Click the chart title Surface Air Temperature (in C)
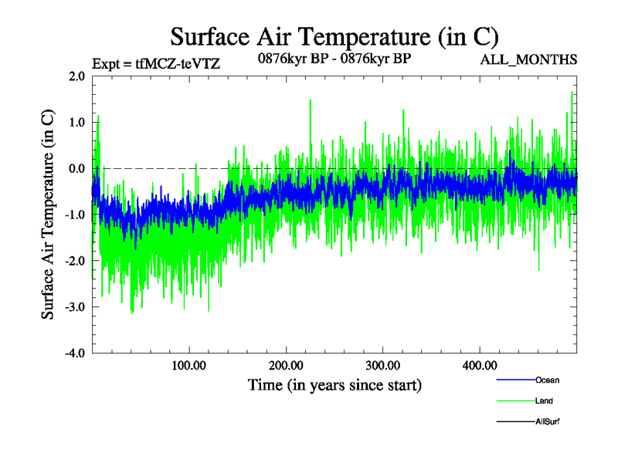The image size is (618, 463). [x=334, y=36]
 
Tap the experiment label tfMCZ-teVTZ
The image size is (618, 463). [x=156, y=64]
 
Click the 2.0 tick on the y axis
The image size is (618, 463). [x=76, y=76]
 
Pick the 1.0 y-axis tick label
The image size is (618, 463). [x=76, y=123]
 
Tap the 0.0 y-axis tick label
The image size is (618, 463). [x=76, y=169]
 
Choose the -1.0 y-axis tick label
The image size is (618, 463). [x=74, y=215]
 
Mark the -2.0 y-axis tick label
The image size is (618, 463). [x=74, y=261]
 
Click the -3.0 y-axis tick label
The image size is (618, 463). [x=74, y=307]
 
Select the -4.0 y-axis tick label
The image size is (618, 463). [x=74, y=353]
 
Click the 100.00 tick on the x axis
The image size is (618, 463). [x=188, y=365]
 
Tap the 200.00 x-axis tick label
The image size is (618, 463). [x=286, y=365]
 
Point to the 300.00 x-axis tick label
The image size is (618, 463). [x=382, y=365]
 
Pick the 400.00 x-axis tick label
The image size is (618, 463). [x=479, y=365]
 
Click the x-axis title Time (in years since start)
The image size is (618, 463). [x=334, y=384]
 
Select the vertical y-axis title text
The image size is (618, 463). [x=48, y=215]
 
